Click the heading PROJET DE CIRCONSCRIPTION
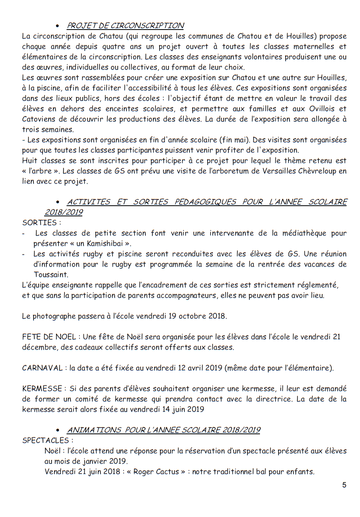[x=125, y=26]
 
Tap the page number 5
[x=344, y=485]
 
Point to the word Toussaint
[x=51, y=275]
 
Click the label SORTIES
[x=39, y=223]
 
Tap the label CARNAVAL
[x=43, y=368]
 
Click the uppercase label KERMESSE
[x=42, y=389]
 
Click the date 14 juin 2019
[x=182, y=409]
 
